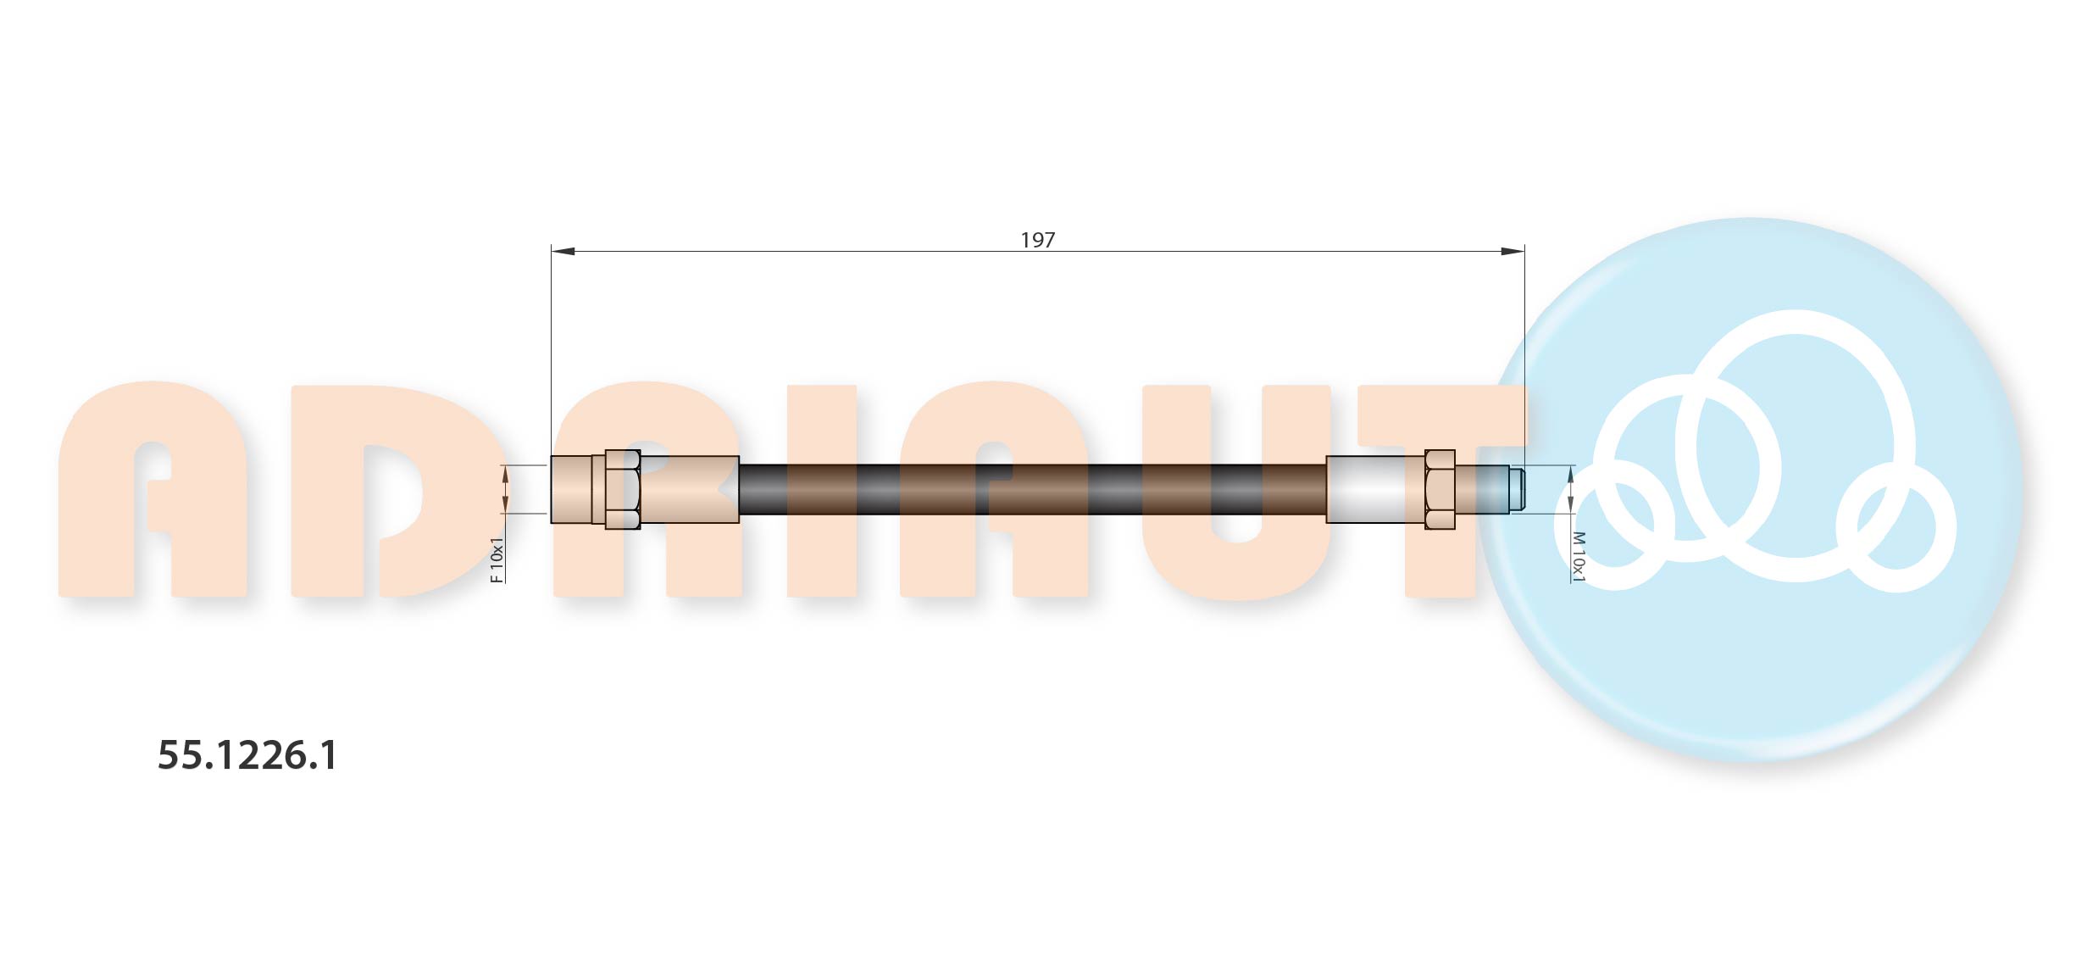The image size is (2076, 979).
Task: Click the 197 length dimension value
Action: pos(1037,240)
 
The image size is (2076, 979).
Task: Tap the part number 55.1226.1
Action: pos(247,755)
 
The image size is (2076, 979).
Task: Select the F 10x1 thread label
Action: pos(497,559)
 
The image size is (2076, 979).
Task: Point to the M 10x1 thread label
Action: pos(1578,556)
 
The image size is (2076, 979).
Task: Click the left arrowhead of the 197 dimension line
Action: pos(563,251)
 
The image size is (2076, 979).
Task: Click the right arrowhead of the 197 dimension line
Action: pos(1512,251)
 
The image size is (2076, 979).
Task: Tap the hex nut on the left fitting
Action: pos(623,490)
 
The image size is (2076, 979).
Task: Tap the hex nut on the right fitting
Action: pos(1440,490)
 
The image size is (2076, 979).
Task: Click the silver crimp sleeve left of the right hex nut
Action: pos(1375,490)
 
